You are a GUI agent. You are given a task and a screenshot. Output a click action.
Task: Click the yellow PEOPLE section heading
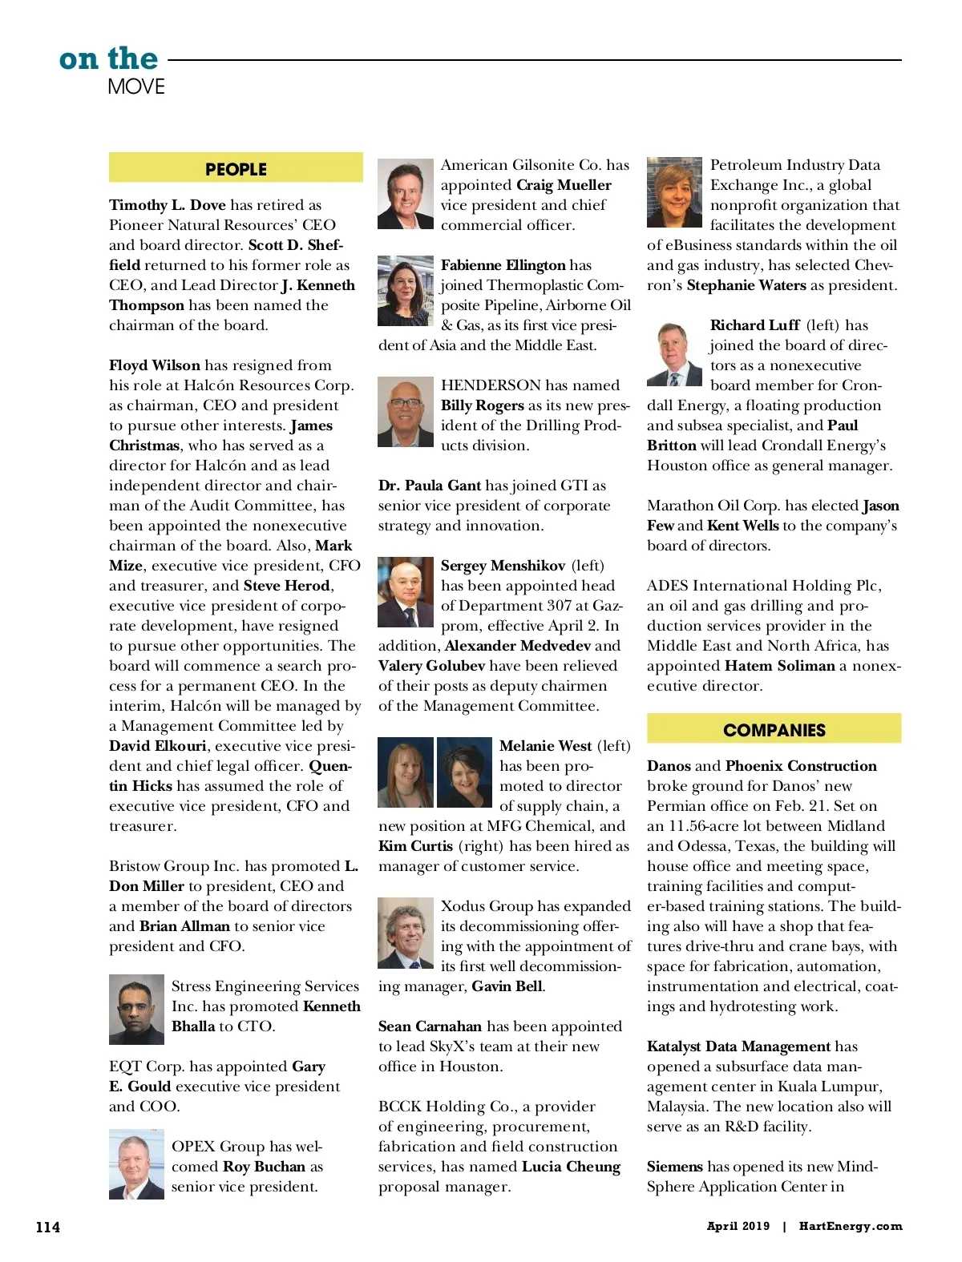point(236,168)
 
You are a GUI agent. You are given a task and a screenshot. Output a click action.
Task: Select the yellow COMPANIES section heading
point(774,729)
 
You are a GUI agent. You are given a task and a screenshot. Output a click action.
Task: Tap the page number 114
point(48,1227)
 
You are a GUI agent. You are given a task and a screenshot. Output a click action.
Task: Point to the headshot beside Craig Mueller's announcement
point(406,194)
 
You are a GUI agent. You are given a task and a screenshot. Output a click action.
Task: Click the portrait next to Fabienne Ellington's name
point(406,291)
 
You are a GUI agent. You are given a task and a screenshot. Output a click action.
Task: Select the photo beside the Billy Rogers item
point(406,412)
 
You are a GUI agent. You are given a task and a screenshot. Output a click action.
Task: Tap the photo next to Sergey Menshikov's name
point(406,592)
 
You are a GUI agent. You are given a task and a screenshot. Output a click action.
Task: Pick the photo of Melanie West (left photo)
point(406,772)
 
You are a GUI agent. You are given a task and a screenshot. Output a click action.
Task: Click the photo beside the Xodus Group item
point(406,933)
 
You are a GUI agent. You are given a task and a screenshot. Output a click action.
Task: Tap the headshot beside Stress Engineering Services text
point(136,1010)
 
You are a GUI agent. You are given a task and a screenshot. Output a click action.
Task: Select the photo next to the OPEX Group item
point(136,1164)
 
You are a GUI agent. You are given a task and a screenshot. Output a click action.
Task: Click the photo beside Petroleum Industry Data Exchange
point(674,192)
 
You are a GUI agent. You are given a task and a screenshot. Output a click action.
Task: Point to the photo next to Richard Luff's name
point(674,353)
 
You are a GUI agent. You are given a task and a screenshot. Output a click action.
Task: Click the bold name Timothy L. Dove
point(168,205)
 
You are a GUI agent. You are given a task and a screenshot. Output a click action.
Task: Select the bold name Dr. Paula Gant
point(430,486)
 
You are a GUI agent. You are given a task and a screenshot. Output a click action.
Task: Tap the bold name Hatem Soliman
point(779,666)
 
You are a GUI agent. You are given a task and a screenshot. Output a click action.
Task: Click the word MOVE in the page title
point(136,87)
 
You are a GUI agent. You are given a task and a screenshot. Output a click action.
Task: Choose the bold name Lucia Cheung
point(571,1167)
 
